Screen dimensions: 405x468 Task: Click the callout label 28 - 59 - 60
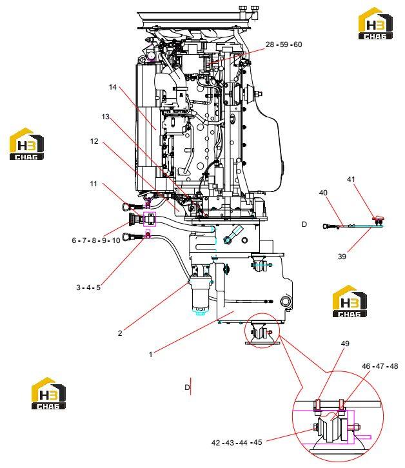click(x=284, y=44)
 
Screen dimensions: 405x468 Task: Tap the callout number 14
click(x=113, y=87)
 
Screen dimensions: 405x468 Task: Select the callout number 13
click(x=105, y=117)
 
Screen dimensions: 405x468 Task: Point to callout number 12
click(x=94, y=141)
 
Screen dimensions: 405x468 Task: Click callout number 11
click(x=94, y=184)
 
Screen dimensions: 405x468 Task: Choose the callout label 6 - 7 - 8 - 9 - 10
click(x=96, y=240)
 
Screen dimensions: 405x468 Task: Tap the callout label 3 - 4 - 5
click(x=88, y=288)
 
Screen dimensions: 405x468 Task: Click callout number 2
click(x=120, y=333)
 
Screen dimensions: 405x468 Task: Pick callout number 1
click(x=150, y=355)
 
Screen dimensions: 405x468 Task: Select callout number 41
click(x=351, y=179)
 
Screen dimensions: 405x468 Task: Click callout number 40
click(x=323, y=193)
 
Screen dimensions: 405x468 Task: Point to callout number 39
click(x=342, y=257)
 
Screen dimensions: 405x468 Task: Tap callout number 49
click(x=345, y=344)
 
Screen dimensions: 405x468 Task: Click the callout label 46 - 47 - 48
click(x=380, y=366)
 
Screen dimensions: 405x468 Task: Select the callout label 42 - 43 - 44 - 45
click(x=237, y=443)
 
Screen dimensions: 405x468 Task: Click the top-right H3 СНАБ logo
click(x=375, y=24)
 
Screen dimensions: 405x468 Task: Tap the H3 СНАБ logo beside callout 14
click(x=26, y=144)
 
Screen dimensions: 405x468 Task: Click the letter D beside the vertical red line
click(x=187, y=387)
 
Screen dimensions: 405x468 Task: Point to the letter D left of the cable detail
click(x=304, y=224)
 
